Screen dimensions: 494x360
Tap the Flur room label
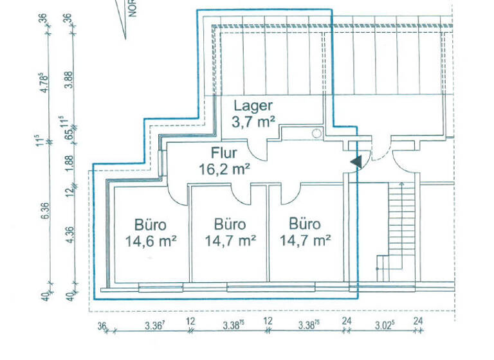pos(224,153)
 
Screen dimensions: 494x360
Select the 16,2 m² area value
pos(224,170)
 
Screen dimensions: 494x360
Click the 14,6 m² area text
pos(151,242)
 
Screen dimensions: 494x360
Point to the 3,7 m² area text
pos(253,122)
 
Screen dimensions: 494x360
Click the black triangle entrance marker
pos(356,162)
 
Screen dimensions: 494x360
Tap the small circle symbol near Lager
pos(316,133)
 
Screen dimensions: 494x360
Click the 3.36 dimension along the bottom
pos(154,326)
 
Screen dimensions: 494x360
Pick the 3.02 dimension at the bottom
pos(385,325)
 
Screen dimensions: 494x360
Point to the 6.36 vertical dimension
pos(45,211)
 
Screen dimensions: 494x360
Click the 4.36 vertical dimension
pos(70,235)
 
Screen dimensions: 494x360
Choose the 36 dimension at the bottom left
pos(102,327)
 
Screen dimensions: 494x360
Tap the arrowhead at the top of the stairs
pos(401,183)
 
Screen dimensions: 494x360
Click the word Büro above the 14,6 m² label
pos(151,225)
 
